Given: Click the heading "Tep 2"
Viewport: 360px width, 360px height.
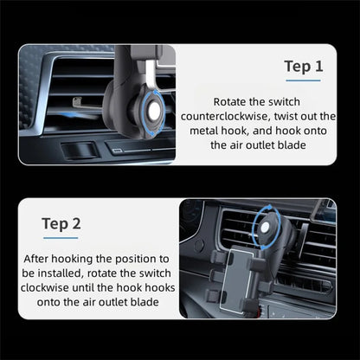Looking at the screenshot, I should point(61,224).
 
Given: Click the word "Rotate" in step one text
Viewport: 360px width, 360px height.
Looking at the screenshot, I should point(235,101).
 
